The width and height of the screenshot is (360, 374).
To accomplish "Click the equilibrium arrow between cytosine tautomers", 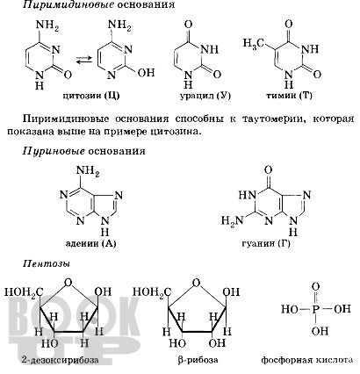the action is coord(84,61).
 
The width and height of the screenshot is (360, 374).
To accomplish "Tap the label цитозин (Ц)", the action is coord(91,96).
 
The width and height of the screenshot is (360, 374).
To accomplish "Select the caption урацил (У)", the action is coord(205,96).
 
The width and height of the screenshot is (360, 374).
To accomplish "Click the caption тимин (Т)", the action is coord(290,96).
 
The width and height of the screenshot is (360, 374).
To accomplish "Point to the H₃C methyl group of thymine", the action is coord(254,43).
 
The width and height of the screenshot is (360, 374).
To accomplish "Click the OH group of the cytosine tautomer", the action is coord(146,72).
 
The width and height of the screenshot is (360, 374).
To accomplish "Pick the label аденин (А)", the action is coord(91,243).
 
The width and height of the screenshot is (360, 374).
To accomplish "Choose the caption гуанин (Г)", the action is coord(266,243).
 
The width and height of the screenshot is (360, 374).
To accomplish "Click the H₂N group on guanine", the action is coord(232,219).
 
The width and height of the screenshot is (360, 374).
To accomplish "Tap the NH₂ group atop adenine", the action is coord(88,171).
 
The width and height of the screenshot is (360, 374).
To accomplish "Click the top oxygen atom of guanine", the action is coord(268,170).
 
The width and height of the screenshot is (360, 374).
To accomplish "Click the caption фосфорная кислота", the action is coord(307,360).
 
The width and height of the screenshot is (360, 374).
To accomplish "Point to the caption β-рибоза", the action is coord(198,360).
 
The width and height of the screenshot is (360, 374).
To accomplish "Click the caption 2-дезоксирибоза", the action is coord(60,360).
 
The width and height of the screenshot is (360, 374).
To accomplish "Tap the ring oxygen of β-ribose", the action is coord(197,283).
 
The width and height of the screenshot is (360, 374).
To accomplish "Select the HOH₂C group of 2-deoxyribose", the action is coord(24,292).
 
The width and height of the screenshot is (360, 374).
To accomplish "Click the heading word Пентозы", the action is coord(47,263).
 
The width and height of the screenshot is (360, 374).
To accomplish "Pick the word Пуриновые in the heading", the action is coord(54,151).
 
